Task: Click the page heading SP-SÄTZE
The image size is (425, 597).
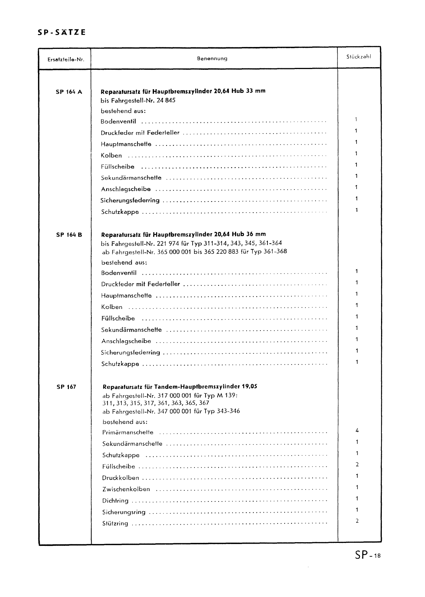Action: tap(62, 32)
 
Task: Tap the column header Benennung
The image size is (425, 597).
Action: tap(212, 59)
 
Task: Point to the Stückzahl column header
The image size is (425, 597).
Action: tap(358, 57)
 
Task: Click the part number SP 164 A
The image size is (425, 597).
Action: tap(69, 91)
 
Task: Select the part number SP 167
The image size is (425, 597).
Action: tap(66, 387)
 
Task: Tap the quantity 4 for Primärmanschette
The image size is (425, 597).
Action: tap(357, 431)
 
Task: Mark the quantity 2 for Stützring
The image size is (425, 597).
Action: tap(357, 521)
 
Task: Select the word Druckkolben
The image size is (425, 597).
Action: tap(120, 478)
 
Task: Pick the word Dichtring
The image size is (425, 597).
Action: tap(115, 501)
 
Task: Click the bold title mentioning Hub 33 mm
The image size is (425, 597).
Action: tap(183, 91)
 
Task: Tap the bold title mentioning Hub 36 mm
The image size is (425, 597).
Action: tap(184, 235)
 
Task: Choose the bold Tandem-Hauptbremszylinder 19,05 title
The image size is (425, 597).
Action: tap(180, 387)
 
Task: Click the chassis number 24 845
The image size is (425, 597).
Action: tap(166, 100)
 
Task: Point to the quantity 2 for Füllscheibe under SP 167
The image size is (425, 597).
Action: tap(357, 465)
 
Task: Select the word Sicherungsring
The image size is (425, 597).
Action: tap(124, 512)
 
